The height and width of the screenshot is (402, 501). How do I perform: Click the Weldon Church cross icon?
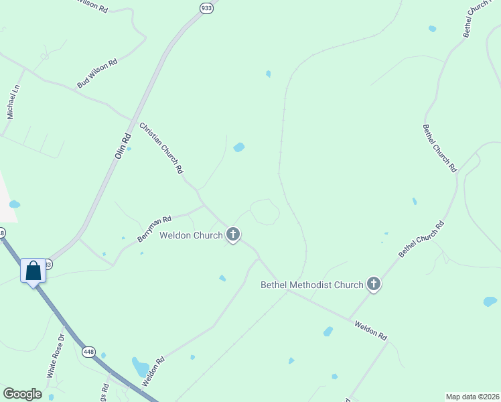pyautogui.click(x=233, y=234)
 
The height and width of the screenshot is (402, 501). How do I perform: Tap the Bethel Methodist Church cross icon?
pyautogui.click(x=374, y=285)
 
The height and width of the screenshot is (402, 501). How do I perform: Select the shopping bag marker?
pyautogui.click(x=33, y=271)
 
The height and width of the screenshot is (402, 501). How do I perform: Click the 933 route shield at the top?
pyautogui.click(x=206, y=7)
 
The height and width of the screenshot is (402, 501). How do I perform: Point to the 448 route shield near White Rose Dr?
pyautogui.click(x=89, y=352)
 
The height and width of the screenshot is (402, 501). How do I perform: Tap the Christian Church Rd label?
pyautogui.click(x=161, y=148)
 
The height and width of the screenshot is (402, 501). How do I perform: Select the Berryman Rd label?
pyautogui.click(x=155, y=228)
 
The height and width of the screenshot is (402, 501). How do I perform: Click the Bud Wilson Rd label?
pyautogui.click(x=97, y=73)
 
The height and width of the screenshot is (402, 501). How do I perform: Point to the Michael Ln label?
pyautogui.click(x=13, y=102)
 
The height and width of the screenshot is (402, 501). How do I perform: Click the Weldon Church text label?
pyautogui.click(x=190, y=235)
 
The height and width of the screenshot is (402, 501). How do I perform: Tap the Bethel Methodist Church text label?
pyautogui.click(x=311, y=285)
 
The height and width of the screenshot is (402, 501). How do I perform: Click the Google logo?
pyautogui.click(x=22, y=394)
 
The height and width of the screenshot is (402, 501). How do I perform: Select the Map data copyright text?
pyautogui.click(x=472, y=397)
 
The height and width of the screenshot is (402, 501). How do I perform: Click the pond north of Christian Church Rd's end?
pyautogui.click(x=238, y=147)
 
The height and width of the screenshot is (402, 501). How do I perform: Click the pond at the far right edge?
pyautogui.click(x=490, y=301)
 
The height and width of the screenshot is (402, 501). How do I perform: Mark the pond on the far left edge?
pyautogui.click(x=14, y=204)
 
